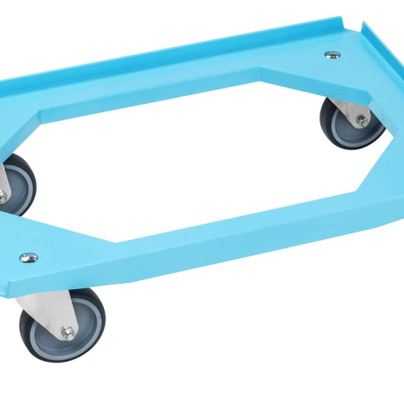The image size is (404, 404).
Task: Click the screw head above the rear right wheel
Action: click(332, 55)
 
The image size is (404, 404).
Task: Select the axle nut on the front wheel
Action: click(67, 332)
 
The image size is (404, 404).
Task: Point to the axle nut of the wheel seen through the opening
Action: click(361, 119)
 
